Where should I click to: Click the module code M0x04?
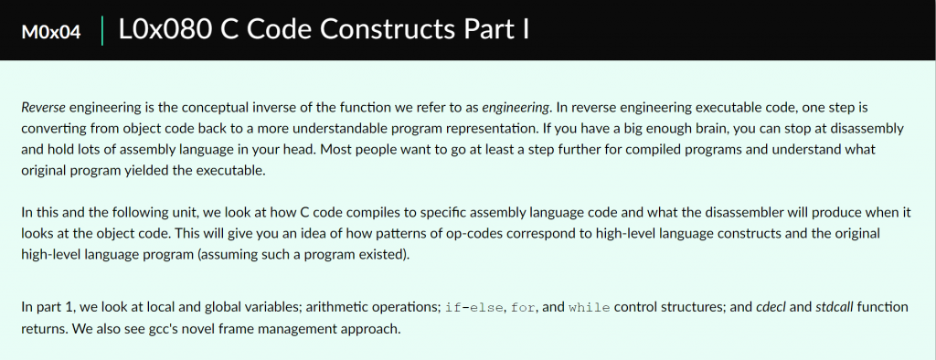[x=51, y=32]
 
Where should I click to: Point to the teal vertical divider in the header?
[x=102, y=30]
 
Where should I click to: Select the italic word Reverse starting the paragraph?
[x=44, y=108]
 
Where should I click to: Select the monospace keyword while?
[x=590, y=308]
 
